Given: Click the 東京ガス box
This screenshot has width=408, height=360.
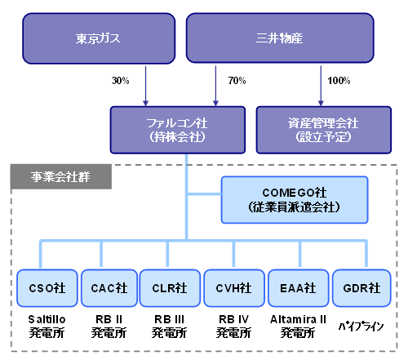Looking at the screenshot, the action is [x=99, y=38].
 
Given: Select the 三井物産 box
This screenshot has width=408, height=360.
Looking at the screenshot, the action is [x=280, y=38].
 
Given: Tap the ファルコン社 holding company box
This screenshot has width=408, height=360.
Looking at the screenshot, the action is [x=178, y=130].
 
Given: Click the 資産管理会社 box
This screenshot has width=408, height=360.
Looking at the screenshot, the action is [x=324, y=130].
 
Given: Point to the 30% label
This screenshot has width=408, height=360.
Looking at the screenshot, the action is [x=121, y=81].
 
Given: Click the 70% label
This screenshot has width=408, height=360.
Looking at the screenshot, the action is [x=237, y=81].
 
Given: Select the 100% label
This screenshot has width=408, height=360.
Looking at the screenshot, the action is [x=339, y=81].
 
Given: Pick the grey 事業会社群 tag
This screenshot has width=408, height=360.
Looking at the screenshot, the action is [x=61, y=176].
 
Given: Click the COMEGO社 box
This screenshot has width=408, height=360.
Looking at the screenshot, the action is [x=295, y=200].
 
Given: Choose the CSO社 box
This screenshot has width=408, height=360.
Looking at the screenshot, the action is [x=47, y=288].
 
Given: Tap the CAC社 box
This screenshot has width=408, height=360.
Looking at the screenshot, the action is [x=109, y=288].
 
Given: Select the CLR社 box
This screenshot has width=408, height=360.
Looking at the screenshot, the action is [x=170, y=288].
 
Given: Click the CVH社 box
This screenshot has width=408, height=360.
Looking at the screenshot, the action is [x=234, y=288].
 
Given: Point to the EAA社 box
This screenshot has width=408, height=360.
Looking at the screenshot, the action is [x=299, y=288].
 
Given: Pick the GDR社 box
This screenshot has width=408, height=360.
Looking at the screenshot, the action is [x=361, y=288].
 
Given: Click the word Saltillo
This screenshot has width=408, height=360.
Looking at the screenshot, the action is [x=47, y=319].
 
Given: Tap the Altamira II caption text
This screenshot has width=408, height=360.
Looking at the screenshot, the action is [x=298, y=319].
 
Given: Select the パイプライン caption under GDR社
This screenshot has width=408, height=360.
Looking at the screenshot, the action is [x=361, y=326].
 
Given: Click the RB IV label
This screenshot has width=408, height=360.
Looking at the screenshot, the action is [x=233, y=319].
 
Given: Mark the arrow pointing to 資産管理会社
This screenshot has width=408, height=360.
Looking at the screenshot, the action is [x=321, y=86].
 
